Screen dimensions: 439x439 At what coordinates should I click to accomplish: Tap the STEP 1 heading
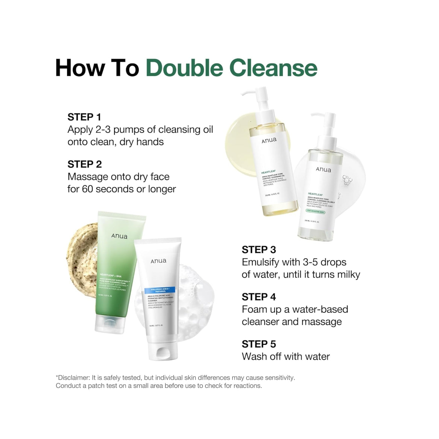(84, 117)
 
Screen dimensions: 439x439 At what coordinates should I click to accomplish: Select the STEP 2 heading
(85, 164)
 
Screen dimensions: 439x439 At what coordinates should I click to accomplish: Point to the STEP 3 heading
(259, 250)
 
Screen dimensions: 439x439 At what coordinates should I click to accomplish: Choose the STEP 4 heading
(259, 297)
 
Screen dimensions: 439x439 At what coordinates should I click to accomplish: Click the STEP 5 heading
(259, 344)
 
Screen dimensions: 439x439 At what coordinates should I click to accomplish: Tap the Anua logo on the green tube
(119, 236)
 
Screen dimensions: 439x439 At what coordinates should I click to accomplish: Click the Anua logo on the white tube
(158, 261)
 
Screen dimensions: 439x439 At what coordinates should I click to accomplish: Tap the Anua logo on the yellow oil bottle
(269, 140)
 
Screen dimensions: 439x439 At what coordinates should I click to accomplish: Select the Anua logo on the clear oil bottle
(324, 170)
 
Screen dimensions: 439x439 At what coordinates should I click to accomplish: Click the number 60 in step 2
(88, 189)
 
